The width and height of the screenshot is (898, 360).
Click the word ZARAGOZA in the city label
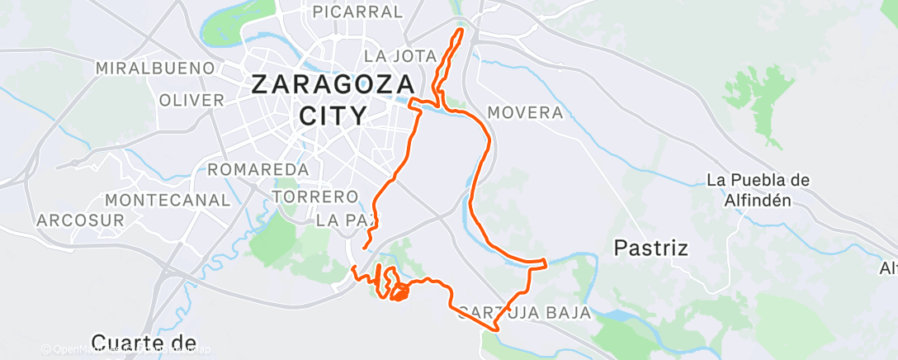[x=332, y=85]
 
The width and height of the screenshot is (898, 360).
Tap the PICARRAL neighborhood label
[x=357, y=12]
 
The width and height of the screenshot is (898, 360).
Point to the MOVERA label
[x=525, y=112]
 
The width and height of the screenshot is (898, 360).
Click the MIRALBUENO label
[x=155, y=68]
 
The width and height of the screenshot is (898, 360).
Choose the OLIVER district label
[x=191, y=100]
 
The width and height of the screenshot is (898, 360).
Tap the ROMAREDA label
[x=258, y=169]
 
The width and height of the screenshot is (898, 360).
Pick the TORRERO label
[x=314, y=197]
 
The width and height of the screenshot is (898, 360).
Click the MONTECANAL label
[x=168, y=200]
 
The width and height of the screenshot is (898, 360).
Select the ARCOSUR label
[x=80, y=220]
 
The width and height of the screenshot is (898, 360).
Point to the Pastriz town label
[x=652, y=247]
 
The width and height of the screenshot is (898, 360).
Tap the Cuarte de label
[x=144, y=342]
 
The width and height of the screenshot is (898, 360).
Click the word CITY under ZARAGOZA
[x=332, y=115]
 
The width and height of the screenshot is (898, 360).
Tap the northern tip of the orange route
[x=460, y=31]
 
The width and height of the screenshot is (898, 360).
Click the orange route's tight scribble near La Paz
[x=399, y=291]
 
